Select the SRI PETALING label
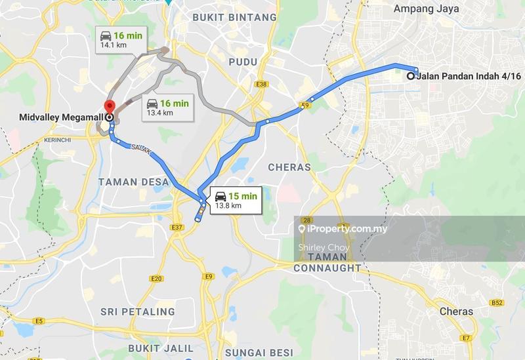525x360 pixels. click(138, 311)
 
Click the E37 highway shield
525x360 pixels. click(177, 228)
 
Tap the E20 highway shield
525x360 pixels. click(156, 279)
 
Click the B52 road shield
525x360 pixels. click(497, 303)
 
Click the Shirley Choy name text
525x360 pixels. click(323, 247)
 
